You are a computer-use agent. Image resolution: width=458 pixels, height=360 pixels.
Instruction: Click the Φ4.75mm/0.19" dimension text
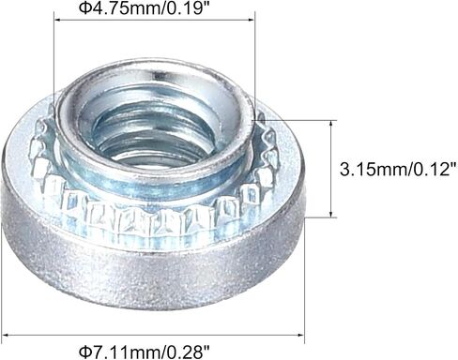click(145, 7)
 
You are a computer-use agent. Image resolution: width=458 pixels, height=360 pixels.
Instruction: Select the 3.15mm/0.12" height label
click(399, 170)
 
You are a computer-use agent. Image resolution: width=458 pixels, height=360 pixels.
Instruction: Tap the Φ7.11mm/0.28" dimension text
click(145, 352)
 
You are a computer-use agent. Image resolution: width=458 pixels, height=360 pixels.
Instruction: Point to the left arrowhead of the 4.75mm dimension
click(57, 20)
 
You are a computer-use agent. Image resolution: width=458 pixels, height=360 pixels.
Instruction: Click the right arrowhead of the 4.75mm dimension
click(252, 20)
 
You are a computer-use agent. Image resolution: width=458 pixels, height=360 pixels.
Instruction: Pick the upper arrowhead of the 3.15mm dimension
click(331, 123)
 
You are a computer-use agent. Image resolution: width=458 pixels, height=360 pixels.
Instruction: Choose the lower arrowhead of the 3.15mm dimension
click(331, 214)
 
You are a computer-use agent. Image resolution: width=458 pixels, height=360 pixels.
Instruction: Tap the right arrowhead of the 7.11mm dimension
click(300, 336)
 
